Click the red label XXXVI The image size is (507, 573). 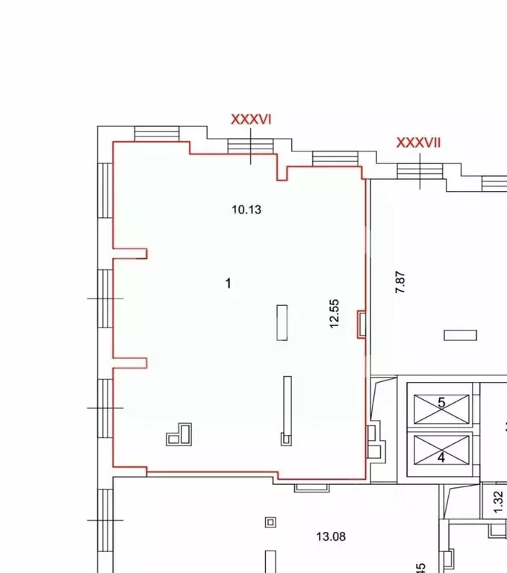pos(250,119)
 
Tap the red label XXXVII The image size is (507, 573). pos(418,143)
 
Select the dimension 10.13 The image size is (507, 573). pos(246,210)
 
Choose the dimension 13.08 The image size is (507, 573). pos(331,536)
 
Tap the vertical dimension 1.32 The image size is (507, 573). pos(499,500)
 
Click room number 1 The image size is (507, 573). pos(228,283)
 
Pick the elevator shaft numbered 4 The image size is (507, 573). pos(441,451)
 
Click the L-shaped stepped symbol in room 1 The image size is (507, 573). pos(180,434)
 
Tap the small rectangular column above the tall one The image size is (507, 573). pos(282,322)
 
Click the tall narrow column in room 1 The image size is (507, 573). pos(286,410)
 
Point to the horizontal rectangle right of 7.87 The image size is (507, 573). pos(460,335)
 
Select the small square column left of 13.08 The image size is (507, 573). pos(270,522)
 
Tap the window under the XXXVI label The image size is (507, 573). pos(251,150)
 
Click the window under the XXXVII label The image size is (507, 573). pos(420,171)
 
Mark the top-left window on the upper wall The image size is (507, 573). pos(157,133)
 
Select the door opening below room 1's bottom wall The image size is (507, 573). pos(312,487)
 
